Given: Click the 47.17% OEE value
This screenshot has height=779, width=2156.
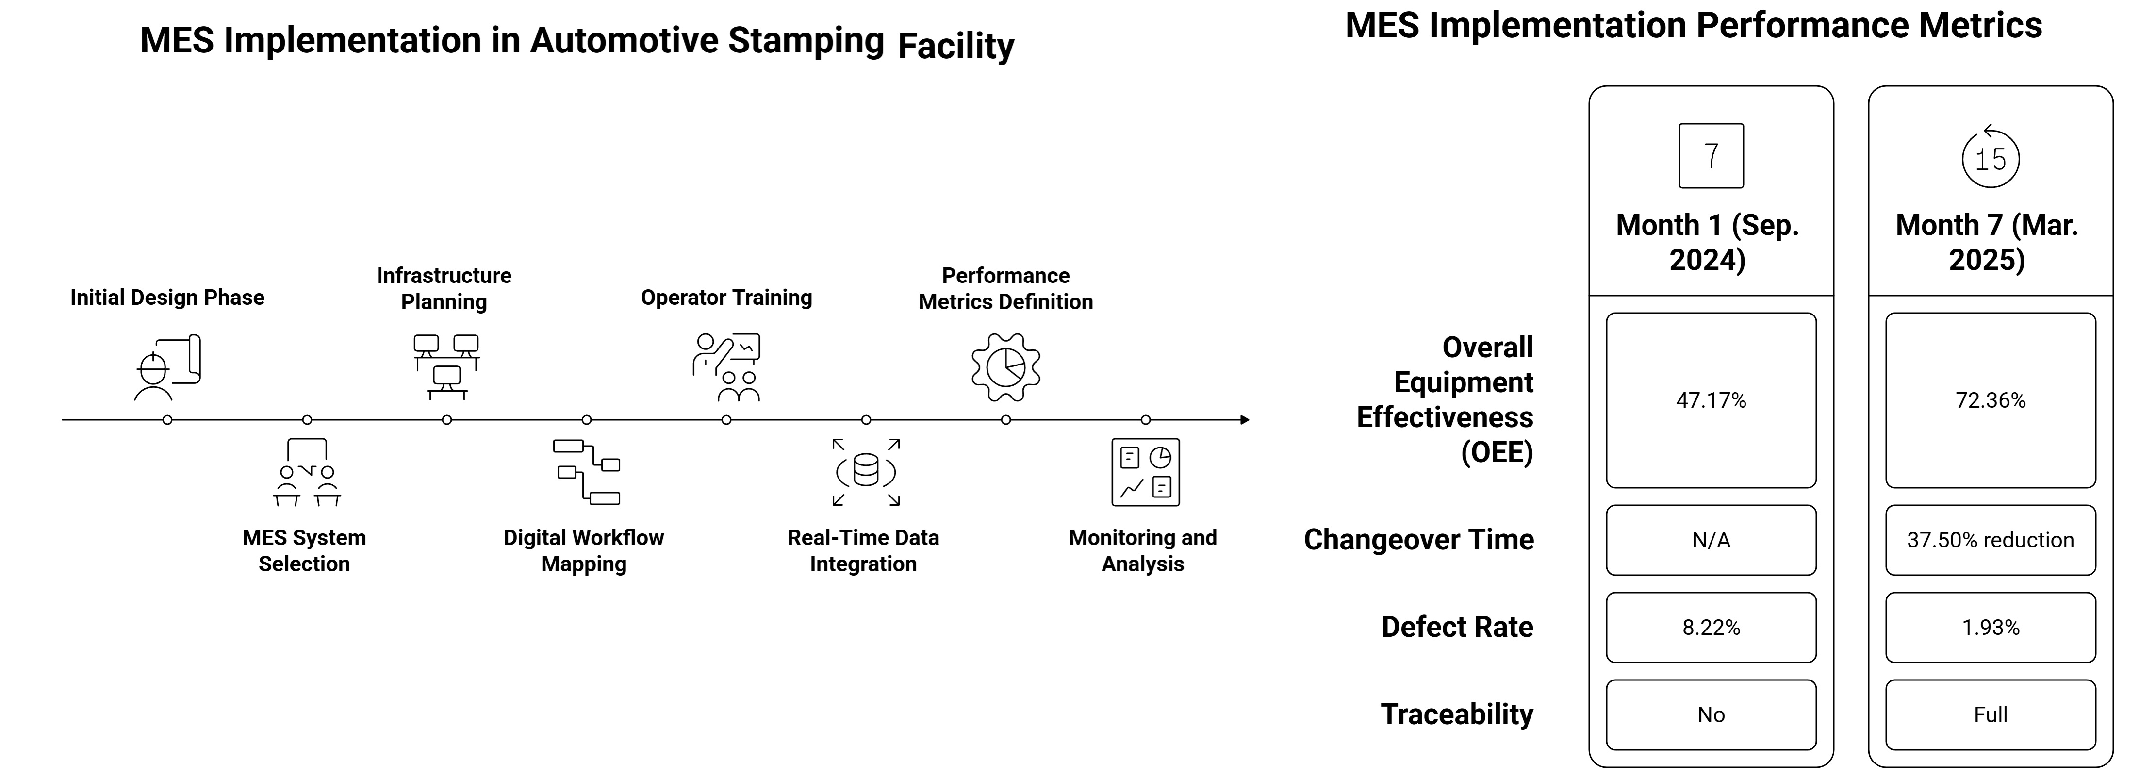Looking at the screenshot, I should (x=1710, y=401).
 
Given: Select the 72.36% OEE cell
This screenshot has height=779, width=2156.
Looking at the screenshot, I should (x=1990, y=401).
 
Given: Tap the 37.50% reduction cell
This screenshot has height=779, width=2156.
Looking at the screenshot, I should (x=1990, y=540).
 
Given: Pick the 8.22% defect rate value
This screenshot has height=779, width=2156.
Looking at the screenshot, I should (x=1710, y=628).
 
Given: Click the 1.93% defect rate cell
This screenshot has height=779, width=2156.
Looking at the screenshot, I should (x=1990, y=628).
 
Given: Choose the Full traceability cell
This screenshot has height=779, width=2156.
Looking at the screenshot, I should (x=1990, y=714).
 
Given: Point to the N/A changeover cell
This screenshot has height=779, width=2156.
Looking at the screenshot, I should (x=1710, y=540).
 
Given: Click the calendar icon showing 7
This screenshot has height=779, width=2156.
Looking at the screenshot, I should (x=1711, y=156).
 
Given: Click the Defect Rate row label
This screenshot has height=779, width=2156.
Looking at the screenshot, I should (x=1456, y=627).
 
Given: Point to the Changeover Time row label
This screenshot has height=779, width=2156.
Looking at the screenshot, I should (x=1418, y=540).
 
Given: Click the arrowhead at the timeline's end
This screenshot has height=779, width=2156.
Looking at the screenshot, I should (x=1245, y=420).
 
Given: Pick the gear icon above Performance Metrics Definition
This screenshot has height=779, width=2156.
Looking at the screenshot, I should (x=1005, y=367).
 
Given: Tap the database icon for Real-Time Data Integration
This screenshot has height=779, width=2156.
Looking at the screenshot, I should (x=865, y=472).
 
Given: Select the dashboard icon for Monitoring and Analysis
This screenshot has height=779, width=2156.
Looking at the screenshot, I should (x=1145, y=472).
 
